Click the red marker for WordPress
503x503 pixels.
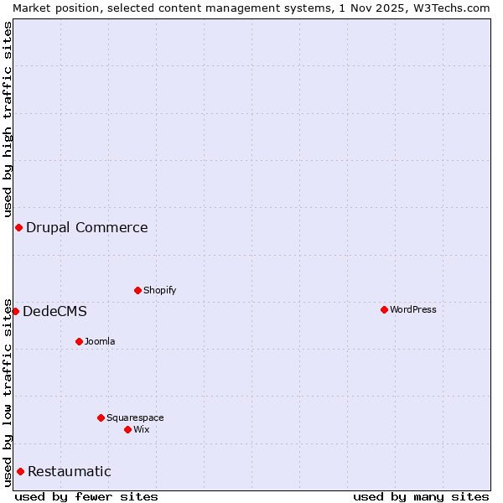pos(384,309)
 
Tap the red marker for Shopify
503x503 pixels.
pos(137,290)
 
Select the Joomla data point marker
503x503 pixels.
pos(79,341)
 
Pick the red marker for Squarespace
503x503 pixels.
pos(101,417)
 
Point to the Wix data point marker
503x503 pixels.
pos(127,429)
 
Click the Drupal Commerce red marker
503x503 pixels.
pos(18,227)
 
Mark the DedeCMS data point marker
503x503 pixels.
pos(15,311)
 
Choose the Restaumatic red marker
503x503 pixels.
pos(20,471)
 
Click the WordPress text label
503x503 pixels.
pos(413,309)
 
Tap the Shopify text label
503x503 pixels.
pos(160,290)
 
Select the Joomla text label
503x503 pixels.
pos(100,341)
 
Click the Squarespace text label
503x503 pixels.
pos(135,417)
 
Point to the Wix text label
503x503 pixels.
pos(142,429)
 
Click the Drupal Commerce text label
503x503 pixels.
pos(87,227)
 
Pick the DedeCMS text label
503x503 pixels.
pos(54,311)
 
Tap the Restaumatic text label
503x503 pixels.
pos(70,471)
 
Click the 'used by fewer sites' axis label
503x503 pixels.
pos(86,496)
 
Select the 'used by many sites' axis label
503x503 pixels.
pos(421,496)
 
